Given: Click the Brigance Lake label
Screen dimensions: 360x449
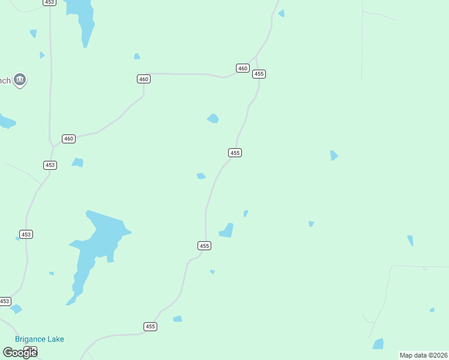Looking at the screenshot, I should tap(40, 339).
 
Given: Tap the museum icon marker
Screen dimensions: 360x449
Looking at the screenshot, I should tap(20, 80).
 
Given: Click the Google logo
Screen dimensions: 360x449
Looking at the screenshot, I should tap(20, 352).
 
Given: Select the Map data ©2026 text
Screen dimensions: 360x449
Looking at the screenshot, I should tap(424, 355).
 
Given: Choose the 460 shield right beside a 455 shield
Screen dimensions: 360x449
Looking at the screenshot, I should tap(243, 68).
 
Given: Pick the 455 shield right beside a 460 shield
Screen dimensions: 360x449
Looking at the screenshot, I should tap(259, 74).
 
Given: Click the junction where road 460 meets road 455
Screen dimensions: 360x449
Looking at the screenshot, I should tap(255, 59).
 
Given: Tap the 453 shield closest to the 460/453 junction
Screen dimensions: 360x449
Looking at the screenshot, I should tap(50, 165).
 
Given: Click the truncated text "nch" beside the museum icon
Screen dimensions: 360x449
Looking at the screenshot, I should tap(5, 80).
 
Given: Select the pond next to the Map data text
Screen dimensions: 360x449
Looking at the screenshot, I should tap(378, 344).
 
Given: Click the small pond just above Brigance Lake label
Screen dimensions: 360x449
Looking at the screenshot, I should tap(16, 309).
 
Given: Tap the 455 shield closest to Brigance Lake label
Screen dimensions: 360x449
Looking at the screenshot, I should tap(150, 326).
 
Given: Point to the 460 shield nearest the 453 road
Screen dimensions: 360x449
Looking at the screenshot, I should tap(68, 139).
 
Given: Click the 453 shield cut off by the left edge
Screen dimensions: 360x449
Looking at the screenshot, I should tap(4, 301).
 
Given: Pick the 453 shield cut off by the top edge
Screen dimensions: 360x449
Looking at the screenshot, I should tap(50, 2).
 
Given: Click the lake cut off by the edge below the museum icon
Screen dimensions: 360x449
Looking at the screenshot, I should tap(6, 122).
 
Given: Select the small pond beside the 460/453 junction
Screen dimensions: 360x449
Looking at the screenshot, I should tap(77, 162).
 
